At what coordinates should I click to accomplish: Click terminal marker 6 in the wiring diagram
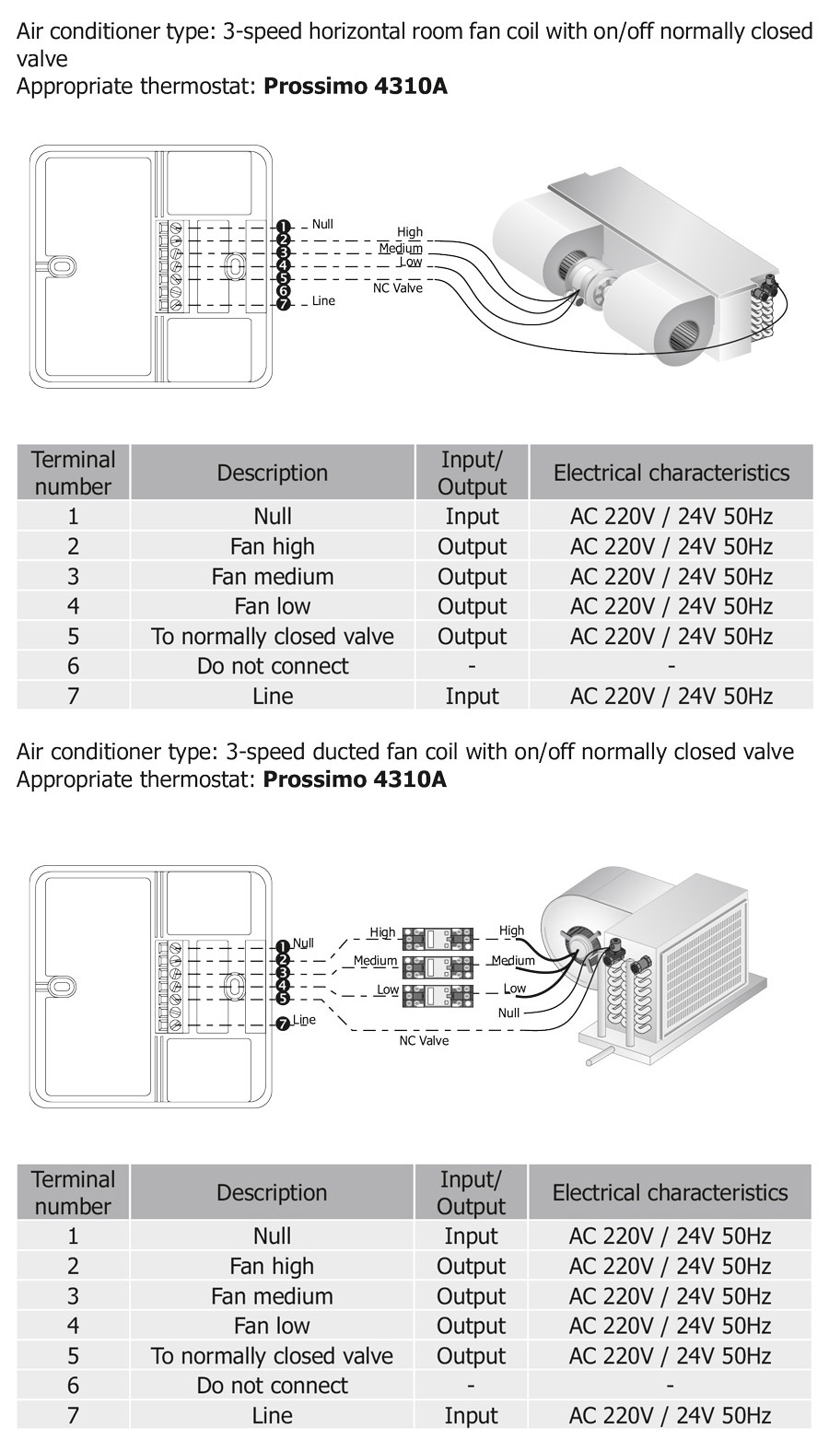coord(283,290)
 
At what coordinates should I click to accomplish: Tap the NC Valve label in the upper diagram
coord(397,288)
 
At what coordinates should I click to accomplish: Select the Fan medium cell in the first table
coord(273,577)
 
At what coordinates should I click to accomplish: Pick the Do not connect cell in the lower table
coord(273,1386)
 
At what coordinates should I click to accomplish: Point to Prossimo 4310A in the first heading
coord(356,88)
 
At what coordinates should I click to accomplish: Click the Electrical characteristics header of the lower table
coord(670,1192)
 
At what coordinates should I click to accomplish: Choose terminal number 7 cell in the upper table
coord(74,696)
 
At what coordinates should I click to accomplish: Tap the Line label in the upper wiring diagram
coord(323,301)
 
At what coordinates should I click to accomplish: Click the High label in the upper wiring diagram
coord(410,232)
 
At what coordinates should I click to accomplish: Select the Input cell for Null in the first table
coord(472,517)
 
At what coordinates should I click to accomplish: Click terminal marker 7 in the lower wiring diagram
coord(283,1024)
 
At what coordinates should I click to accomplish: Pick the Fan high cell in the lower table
coord(273,1266)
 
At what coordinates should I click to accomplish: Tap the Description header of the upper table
coord(273,473)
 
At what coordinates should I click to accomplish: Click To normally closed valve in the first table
coord(273,637)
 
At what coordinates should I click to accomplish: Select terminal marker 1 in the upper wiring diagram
coord(283,227)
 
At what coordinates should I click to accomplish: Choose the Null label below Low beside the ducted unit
coord(508,1013)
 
